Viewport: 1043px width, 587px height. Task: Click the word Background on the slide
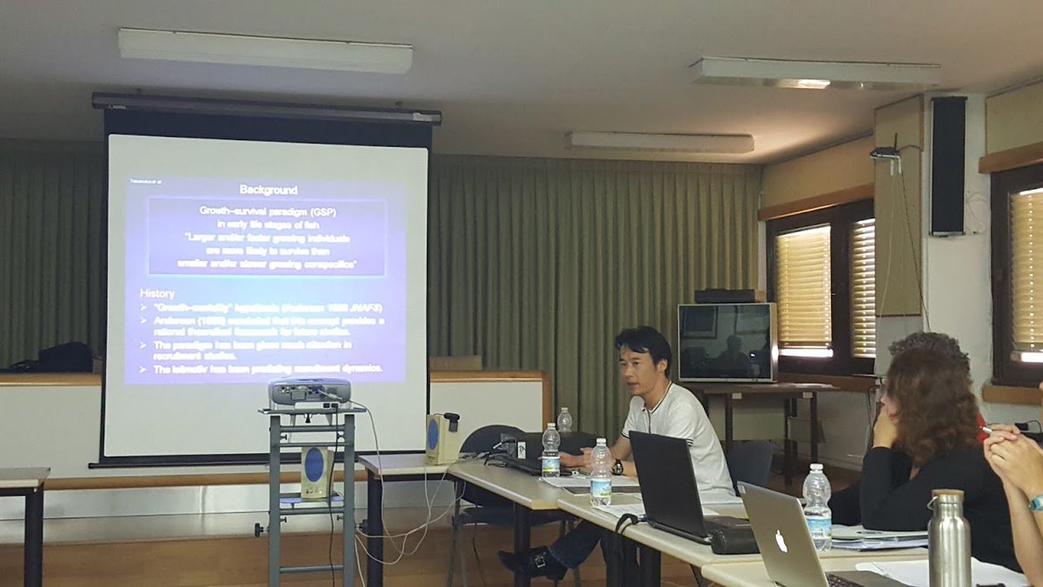tap(268, 190)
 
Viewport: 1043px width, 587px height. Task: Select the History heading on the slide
tap(157, 294)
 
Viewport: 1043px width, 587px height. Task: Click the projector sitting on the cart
tap(309, 393)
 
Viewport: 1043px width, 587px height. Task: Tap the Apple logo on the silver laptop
tap(780, 540)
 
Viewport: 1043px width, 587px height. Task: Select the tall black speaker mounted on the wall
tap(947, 165)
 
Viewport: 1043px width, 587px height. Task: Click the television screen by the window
tap(725, 343)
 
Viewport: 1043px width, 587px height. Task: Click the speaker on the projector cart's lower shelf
tap(314, 470)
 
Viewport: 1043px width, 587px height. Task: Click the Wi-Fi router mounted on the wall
tap(886, 154)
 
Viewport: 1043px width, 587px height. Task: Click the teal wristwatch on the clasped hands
tap(1036, 502)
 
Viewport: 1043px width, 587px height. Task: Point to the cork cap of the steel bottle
tap(948, 496)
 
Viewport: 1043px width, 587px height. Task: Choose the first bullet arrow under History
tap(144, 308)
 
